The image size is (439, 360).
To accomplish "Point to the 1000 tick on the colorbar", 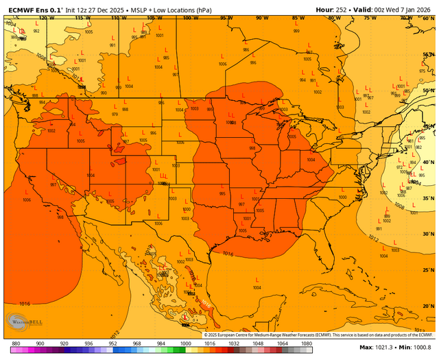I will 186,342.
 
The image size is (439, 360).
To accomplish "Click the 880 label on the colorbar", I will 16,342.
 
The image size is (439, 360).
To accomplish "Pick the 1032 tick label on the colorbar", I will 234,342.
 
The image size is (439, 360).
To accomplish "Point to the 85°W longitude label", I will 298,17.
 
